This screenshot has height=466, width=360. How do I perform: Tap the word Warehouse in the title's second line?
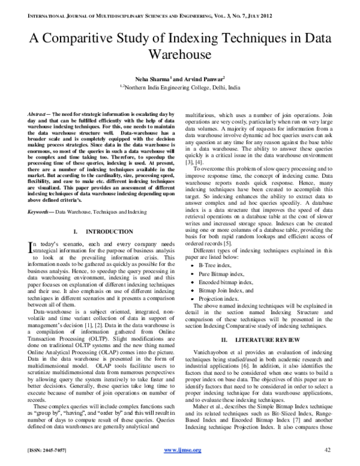[179, 55]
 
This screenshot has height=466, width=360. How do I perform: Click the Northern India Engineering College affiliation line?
[179, 87]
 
